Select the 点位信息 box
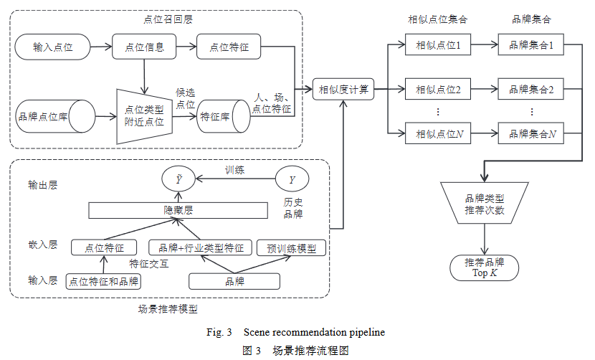pos(145,47)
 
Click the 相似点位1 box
pos(438,46)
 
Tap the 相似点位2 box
pos(438,90)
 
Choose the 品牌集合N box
pos(532,133)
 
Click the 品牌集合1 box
pos(532,46)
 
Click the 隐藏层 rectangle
pos(178,210)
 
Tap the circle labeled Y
pos(292,179)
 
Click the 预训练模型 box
pos(291,248)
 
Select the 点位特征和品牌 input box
pos(103,281)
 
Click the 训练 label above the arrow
pos(234,171)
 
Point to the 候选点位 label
pos(186,98)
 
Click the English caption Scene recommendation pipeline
pos(314,332)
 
